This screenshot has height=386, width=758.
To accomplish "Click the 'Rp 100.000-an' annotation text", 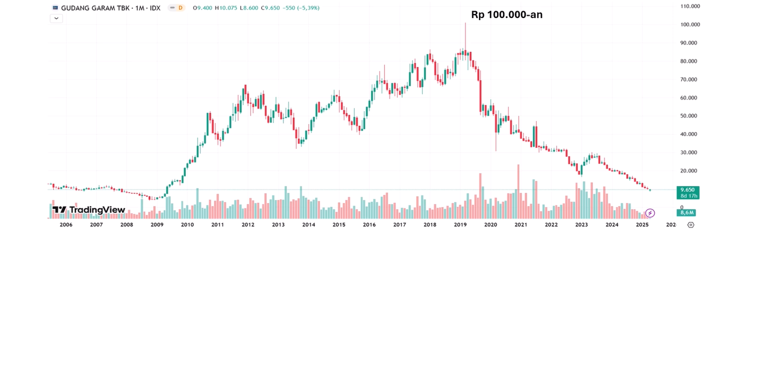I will [506, 15].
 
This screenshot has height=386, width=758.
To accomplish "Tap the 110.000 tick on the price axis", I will [690, 6].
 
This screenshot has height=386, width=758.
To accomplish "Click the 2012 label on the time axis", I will [248, 225].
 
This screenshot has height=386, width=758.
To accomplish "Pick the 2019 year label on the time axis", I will [460, 225].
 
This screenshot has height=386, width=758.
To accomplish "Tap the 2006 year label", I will [66, 225].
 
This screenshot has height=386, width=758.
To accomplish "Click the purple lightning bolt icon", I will [650, 213].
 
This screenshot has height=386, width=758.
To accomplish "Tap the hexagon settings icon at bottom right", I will [691, 225].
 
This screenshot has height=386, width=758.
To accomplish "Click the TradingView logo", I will [89, 210].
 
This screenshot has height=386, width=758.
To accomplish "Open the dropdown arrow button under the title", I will [56, 19].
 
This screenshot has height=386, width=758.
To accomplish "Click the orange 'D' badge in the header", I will [180, 8].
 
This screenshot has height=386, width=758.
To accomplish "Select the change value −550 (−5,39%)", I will [300, 8].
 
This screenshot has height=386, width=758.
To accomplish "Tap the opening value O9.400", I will [202, 8].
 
